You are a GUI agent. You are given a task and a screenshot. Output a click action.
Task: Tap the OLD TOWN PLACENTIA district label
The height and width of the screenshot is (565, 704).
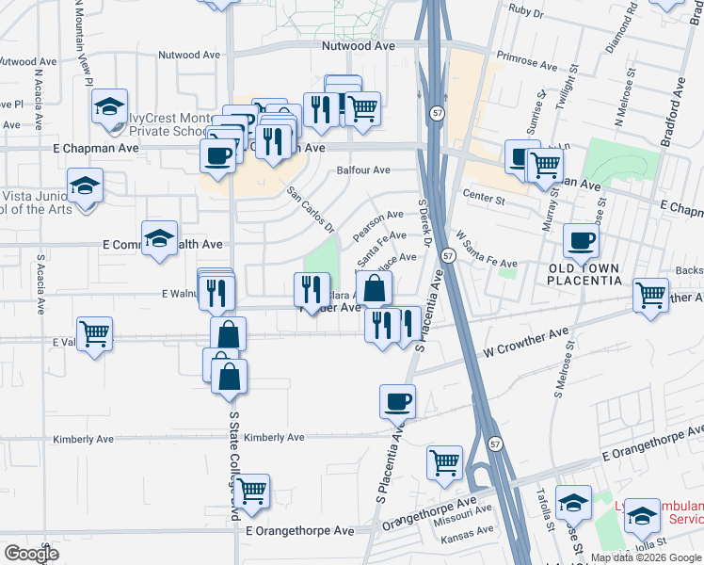click(584, 274)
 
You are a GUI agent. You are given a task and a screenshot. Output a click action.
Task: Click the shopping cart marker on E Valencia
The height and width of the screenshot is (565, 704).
click(94, 332)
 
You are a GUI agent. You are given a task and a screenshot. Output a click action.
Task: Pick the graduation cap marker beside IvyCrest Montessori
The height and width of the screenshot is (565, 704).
click(110, 106)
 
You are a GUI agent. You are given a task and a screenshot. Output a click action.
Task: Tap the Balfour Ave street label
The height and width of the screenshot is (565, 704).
click(363, 170)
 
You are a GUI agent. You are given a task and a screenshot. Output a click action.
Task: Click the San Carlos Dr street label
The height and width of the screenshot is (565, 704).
click(311, 210)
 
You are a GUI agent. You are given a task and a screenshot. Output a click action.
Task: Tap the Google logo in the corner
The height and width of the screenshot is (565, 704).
click(31, 553)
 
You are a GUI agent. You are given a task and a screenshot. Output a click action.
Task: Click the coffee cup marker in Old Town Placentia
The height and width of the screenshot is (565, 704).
click(582, 240)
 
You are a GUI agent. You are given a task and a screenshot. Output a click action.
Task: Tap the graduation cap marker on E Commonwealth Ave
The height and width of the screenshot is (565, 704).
click(159, 238)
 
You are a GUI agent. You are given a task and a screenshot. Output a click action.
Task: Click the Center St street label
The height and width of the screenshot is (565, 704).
click(485, 200)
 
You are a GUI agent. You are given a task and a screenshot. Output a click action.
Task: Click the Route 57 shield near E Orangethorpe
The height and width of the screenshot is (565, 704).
click(493, 443)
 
